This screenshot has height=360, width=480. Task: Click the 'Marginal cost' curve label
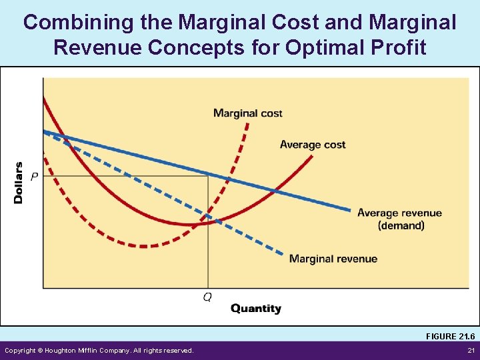tap(247, 113)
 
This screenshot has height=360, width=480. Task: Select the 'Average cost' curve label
tap(313, 145)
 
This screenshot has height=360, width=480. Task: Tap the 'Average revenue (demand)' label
tap(399, 219)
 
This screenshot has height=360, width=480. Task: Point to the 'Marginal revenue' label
tap(333, 259)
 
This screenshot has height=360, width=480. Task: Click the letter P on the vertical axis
tap(34, 176)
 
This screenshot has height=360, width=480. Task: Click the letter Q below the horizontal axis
tap(207, 297)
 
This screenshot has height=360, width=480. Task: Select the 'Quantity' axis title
tap(255, 309)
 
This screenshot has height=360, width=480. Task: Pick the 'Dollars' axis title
tap(19, 183)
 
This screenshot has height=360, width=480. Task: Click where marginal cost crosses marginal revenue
tap(209, 217)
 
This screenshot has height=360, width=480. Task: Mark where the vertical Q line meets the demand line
tap(209, 175)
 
